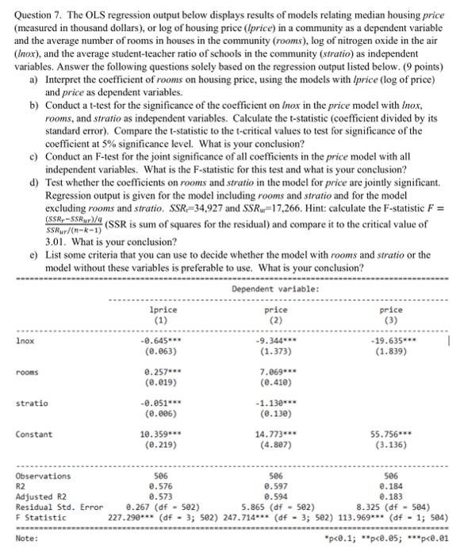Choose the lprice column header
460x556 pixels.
coord(163,309)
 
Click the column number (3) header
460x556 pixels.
coord(391,319)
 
